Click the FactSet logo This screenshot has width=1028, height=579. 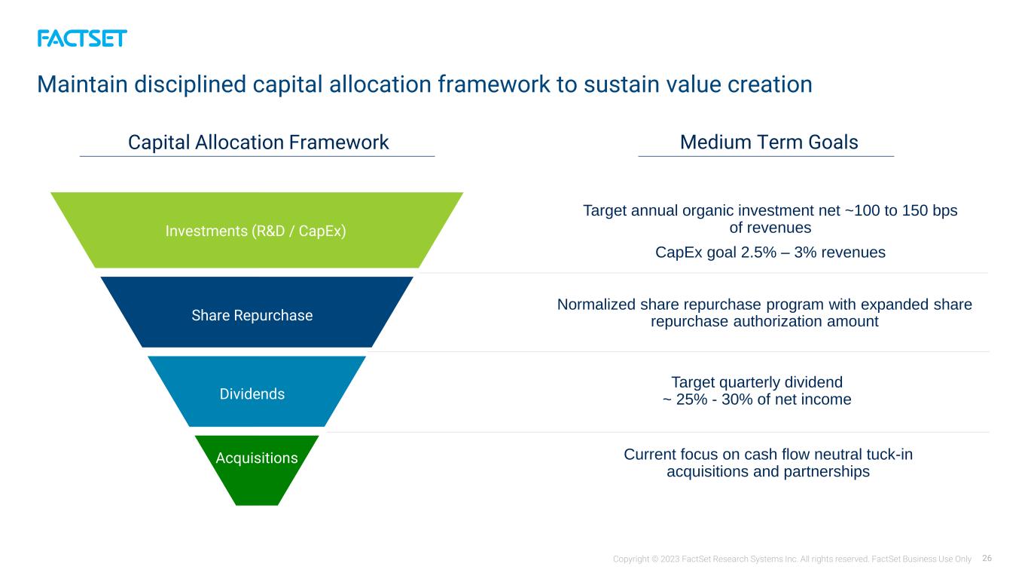(82, 38)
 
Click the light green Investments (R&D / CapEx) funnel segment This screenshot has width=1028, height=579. (257, 230)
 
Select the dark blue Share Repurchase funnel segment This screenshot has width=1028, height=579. (257, 312)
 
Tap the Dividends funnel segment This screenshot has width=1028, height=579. (257, 391)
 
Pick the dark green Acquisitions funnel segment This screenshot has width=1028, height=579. (257, 469)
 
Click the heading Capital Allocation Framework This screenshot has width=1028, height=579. (258, 142)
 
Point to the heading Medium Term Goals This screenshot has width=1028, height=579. (769, 142)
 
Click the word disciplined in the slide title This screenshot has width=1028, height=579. (190, 84)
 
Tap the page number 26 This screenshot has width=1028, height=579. (987, 559)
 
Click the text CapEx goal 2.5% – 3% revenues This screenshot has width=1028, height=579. (770, 253)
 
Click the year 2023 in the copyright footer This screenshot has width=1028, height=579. (670, 559)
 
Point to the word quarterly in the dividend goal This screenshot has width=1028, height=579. (752, 383)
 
